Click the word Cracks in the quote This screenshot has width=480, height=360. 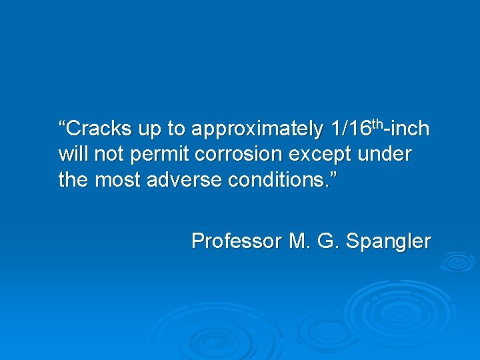pyautogui.click(x=94, y=127)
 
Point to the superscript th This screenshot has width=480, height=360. pyautogui.click(x=379, y=123)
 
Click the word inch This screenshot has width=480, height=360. pyautogui.click(x=411, y=127)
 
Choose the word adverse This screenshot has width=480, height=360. pyautogui.click(x=188, y=180)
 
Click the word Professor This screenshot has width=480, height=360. pyautogui.click(x=237, y=241)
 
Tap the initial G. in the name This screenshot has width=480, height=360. pyautogui.click(x=328, y=241)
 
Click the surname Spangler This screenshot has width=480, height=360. pyautogui.click(x=388, y=241)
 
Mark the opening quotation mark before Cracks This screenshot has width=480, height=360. pyautogui.click(x=62, y=123)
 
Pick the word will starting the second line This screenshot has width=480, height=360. pyautogui.click(x=73, y=154)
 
